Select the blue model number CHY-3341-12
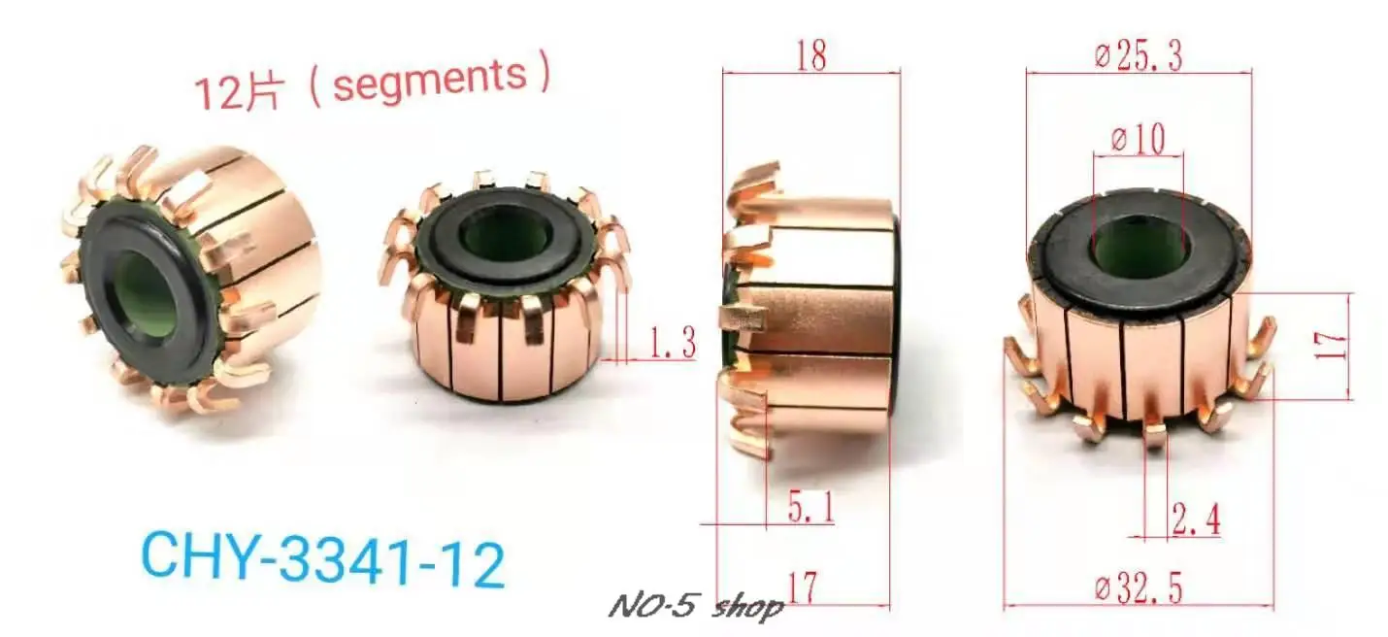323,562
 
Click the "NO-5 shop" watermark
696,608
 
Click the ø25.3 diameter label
1138,57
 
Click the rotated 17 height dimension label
1338,345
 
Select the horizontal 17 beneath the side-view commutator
803,588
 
